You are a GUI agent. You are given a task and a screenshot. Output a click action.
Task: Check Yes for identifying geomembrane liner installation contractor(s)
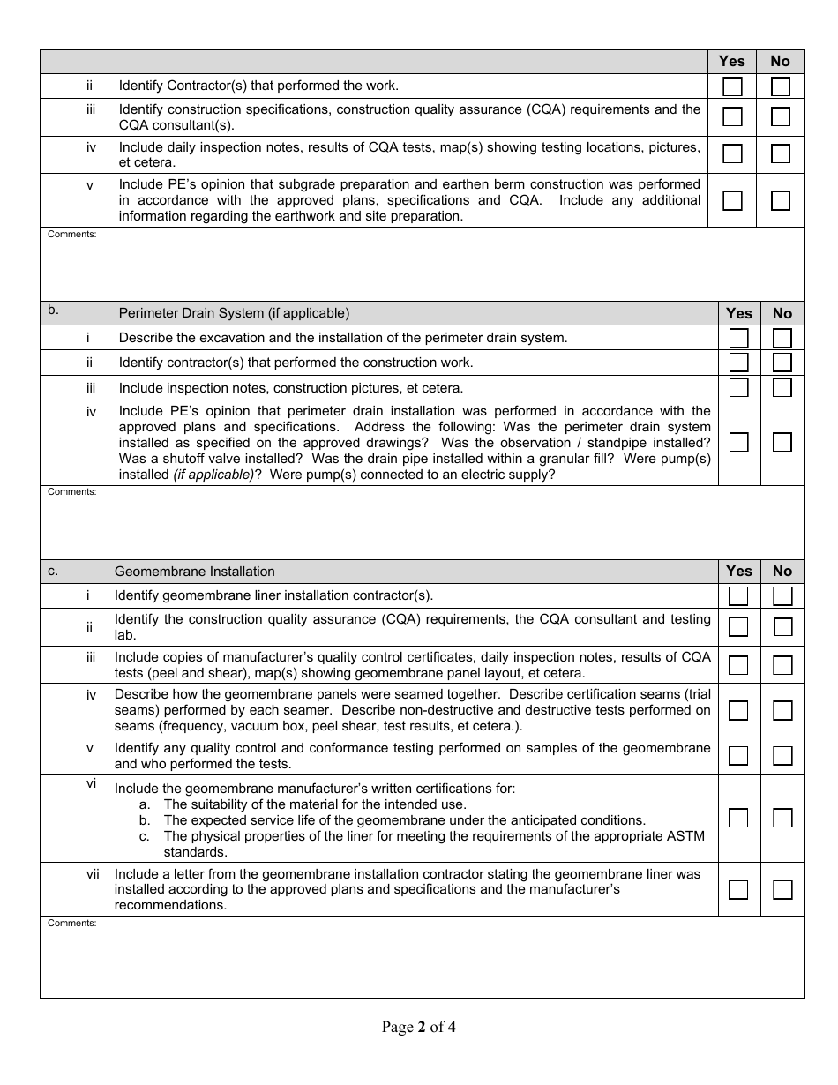click(738, 596)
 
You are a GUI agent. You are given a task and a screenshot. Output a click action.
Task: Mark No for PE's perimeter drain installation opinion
click(782, 442)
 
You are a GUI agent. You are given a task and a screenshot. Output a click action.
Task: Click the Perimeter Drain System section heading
click(234, 313)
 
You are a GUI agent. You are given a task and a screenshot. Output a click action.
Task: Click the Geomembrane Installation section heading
click(194, 572)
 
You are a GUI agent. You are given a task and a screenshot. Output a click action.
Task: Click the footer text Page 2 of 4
click(418, 1027)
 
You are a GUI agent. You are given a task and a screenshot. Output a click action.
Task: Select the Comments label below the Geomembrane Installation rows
click(71, 924)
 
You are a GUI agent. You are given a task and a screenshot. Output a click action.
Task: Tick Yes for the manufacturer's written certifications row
click(738, 818)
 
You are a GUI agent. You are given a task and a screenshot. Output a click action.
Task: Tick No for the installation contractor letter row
click(782, 889)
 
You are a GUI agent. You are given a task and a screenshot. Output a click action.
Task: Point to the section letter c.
click(53, 571)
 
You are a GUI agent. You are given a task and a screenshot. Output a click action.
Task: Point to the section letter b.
click(53, 311)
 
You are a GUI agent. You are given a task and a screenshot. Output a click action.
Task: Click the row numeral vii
click(93, 874)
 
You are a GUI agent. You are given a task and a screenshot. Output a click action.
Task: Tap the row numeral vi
click(91, 783)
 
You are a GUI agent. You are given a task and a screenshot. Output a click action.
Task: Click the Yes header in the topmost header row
click(731, 61)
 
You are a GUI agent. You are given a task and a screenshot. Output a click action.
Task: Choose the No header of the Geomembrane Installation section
click(782, 571)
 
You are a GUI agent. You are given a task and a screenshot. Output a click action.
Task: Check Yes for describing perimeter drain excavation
click(738, 338)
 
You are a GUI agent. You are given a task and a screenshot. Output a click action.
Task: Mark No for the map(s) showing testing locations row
click(781, 153)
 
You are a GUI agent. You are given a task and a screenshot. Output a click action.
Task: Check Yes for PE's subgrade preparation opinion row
click(732, 200)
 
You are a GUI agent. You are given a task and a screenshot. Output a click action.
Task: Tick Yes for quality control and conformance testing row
click(738, 756)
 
